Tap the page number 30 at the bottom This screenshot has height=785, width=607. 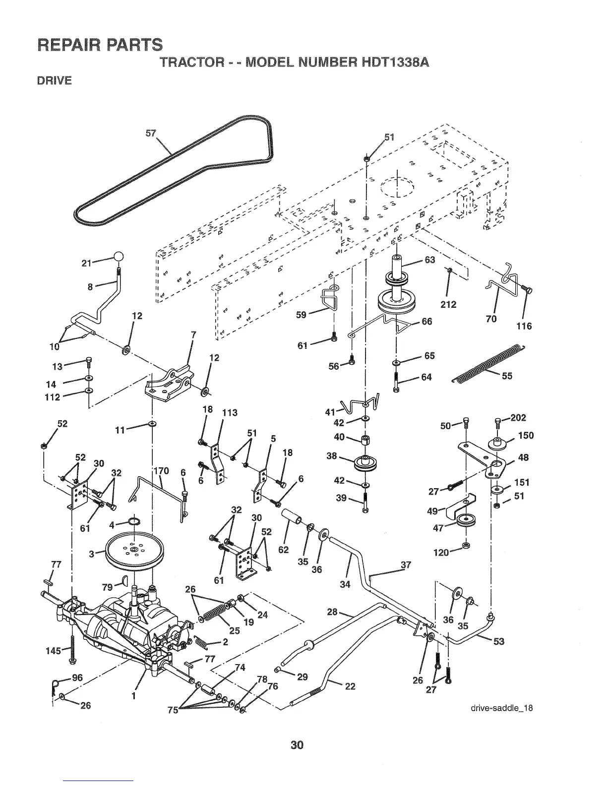tap(297, 744)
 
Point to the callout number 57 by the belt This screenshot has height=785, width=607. tap(151, 133)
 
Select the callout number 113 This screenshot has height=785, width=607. tap(230, 412)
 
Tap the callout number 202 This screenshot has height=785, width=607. tap(518, 417)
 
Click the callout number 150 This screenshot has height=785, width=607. tap(526, 435)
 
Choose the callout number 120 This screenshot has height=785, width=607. tap(441, 552)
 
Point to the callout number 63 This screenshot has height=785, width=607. tap(429, 260)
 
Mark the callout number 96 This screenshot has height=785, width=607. tap(77, 678)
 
